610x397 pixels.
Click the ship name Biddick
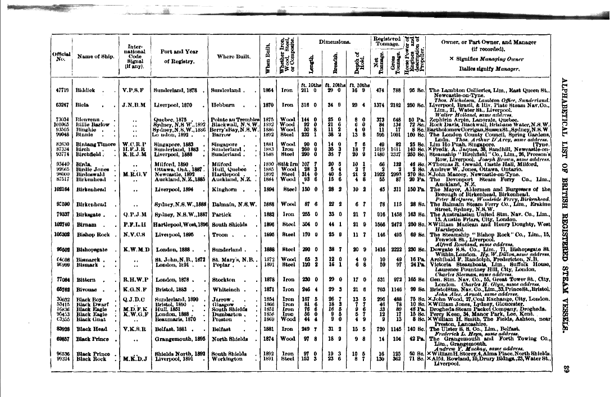pos(87,90)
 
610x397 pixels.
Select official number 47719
pos(62,90)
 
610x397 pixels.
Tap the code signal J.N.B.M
pos(133,104)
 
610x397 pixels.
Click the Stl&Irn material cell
pos(288,162)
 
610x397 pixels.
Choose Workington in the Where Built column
pos(230,358)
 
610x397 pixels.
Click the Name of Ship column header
pos(91,56)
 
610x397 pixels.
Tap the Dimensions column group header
pos(334,42)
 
